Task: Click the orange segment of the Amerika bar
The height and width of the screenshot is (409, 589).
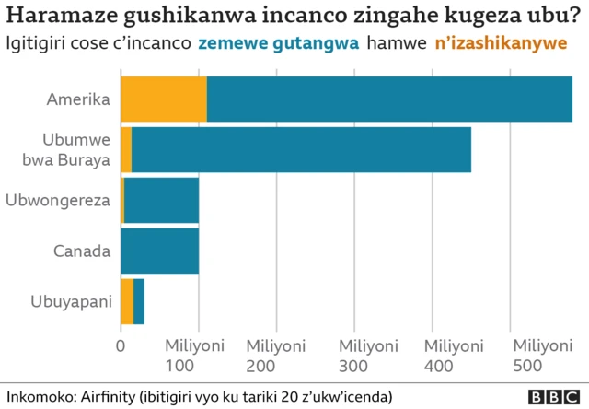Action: (x=163, y=99)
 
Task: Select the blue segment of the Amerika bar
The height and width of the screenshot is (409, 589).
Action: (x=388, y=99)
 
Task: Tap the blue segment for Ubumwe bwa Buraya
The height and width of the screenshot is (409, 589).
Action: (x=301, y=149)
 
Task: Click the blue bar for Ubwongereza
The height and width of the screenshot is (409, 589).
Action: (x=161, y=200)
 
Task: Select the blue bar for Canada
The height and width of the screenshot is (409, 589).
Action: (x=159, y=251)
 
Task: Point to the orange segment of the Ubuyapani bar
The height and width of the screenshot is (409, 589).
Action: (x=127, y=301)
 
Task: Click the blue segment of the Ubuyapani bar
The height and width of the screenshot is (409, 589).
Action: (x=139, y=301)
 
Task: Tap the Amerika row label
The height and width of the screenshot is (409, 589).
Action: (x=79, y=99)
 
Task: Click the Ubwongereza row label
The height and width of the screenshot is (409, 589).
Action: (x=58, y=200)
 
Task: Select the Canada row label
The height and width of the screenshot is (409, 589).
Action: (x=82, y=251)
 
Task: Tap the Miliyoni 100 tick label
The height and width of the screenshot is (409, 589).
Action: (x=194, y=356)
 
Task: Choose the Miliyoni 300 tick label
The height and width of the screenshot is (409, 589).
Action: (x=369, y=356)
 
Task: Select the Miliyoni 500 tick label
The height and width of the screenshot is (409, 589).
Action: (x=542, y=356)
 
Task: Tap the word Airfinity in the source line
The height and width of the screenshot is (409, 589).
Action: (x=102, y=396)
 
